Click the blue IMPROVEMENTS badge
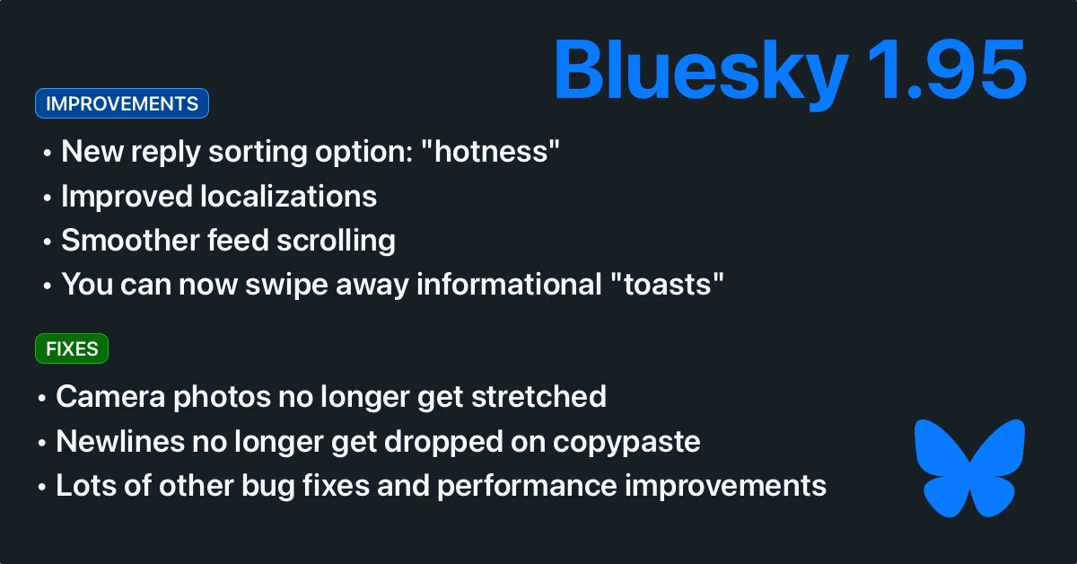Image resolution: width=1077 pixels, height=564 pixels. point(122,103)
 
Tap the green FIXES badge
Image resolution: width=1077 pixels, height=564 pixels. point(72,348)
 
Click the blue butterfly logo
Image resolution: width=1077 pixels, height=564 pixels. point(969,468)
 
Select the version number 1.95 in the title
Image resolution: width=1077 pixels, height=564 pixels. point(947,70)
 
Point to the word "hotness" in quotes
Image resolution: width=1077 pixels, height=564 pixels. point(490,151)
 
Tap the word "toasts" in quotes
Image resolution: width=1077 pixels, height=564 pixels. point(667,284)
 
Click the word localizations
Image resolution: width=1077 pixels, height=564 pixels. point(288,196)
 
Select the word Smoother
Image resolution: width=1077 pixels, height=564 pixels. point(130,240)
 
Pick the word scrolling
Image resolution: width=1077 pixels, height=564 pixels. point(336,241)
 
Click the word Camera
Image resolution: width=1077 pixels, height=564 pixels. point(110,397)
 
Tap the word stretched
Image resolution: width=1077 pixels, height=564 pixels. point(539,397)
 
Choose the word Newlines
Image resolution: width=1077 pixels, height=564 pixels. point(120,441)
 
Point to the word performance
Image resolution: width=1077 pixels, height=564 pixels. point(527,486)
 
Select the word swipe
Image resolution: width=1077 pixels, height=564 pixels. point(287,286)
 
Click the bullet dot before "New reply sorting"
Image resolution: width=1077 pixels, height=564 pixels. point(47,154)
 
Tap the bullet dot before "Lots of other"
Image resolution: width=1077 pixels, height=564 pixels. point(42,488)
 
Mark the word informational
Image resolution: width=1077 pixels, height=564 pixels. point(509,284)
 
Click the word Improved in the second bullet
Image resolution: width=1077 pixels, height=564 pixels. point(127,198)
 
